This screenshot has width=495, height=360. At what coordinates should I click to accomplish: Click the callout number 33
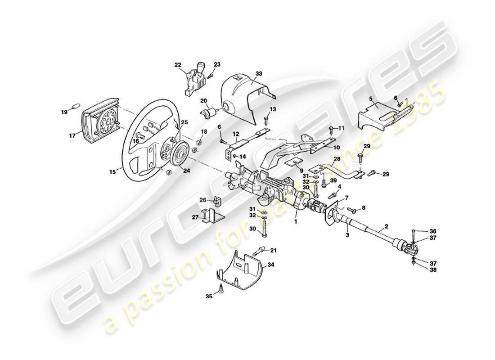(x=258, y=73)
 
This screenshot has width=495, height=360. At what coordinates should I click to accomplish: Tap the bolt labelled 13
(x=266, y=120)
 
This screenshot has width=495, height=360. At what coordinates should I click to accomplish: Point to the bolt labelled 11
(x=332, y=129)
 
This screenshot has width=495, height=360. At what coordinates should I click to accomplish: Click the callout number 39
(x=333, y=180)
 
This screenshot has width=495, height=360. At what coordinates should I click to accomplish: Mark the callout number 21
(x=273, y=250)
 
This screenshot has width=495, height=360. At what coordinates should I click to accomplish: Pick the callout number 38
(x=432, y=270)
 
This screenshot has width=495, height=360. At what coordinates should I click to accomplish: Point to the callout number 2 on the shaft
(x=386, y=227)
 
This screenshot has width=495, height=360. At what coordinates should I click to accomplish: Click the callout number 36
(x=432, y=231)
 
